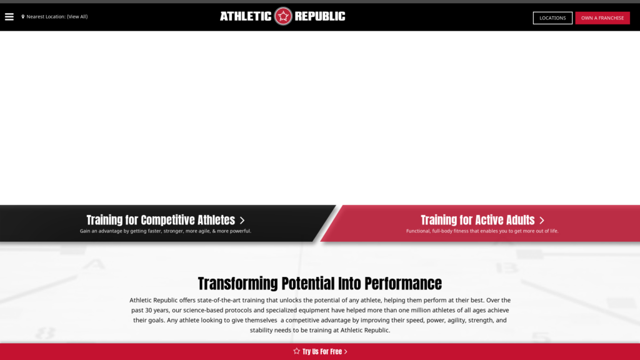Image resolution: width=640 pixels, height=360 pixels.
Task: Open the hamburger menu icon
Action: point(9,17)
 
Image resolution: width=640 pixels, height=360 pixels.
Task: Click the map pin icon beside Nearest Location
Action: point(23,17)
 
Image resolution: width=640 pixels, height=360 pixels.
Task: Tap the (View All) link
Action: point(77,17)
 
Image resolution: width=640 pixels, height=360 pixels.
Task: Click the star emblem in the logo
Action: point(283,16)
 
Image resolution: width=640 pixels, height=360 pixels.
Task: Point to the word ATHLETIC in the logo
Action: point(246,16)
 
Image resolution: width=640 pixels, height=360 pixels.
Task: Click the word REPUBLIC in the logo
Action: point(320,16)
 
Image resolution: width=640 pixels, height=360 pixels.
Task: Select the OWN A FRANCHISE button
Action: point(602,18)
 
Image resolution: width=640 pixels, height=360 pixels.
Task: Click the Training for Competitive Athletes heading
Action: point(161,220)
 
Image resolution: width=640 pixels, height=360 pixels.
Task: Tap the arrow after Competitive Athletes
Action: point(242,221)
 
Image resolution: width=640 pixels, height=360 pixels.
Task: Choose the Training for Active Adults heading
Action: point(477,220)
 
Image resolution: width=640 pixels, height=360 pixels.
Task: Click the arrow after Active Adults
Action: point(542,221)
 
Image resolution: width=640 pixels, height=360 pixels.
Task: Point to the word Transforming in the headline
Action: point(238,284)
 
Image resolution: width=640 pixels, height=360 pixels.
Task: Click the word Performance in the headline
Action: point(403,284)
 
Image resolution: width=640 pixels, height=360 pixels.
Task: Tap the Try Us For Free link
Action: point(322,352)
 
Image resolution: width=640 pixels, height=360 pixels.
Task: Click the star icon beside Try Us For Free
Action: point(297,351)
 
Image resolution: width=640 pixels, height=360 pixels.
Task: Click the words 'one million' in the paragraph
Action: point(414,310)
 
